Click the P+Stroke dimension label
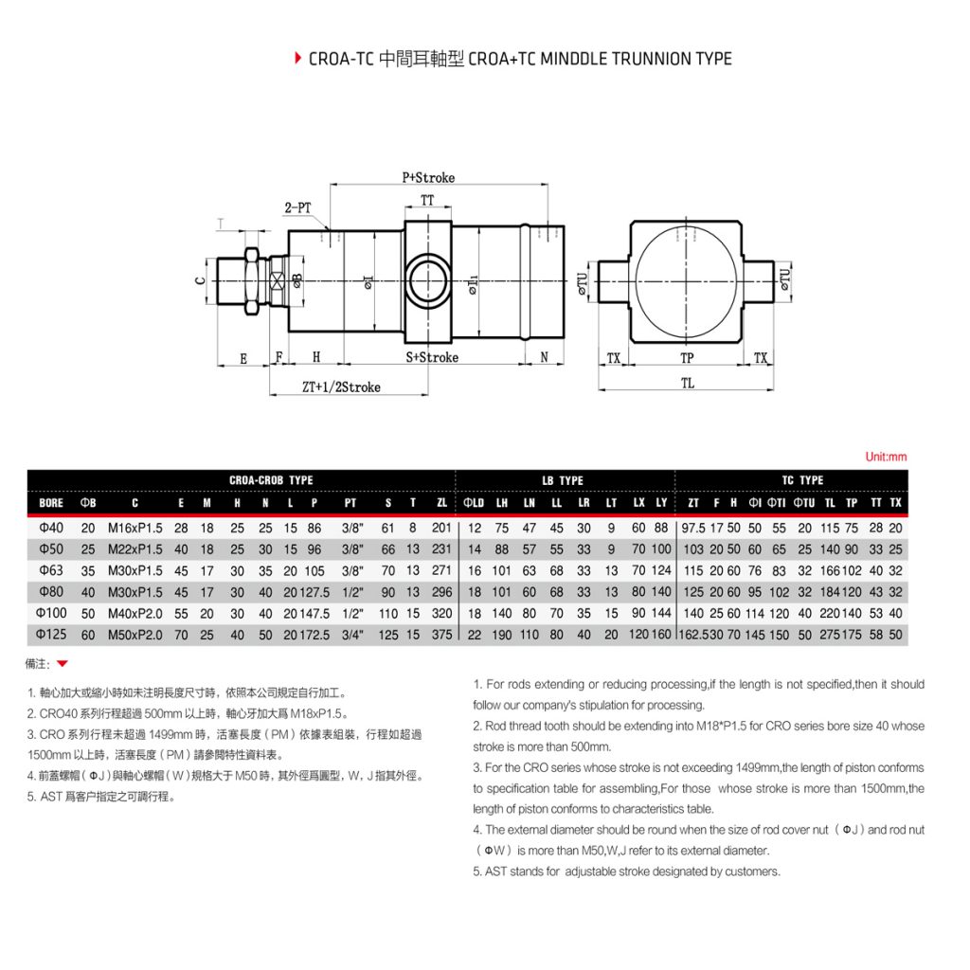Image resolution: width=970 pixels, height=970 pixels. (428, 177)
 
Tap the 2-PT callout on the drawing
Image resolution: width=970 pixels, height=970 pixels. (297, 207)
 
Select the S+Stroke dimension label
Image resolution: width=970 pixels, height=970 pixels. (432, 357)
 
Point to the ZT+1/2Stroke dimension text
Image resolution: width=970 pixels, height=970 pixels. (341, 386)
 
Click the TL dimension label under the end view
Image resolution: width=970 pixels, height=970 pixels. (687, 383)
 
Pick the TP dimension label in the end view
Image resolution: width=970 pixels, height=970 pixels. (687, 357)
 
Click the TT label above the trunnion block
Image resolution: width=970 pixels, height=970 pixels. (428, 200)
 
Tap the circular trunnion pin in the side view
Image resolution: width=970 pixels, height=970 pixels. (428, 281)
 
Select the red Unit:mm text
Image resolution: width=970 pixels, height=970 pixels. (886, 457)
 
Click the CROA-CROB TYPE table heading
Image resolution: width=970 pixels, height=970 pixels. (271, 480)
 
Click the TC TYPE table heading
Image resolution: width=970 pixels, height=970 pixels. (802, 480)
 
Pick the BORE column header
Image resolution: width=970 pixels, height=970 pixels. (51, 502)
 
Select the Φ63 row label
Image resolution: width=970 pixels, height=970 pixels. (51, 570)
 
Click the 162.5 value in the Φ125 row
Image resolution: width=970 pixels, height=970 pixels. (693, 635)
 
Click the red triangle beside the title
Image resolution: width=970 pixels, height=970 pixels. (298, 59)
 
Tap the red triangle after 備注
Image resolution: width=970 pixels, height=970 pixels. (63, 664)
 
